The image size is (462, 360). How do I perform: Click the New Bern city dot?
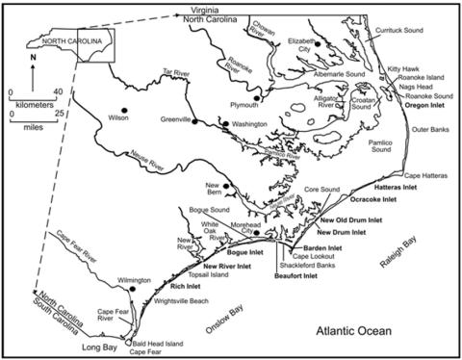click(x=226, y=187)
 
